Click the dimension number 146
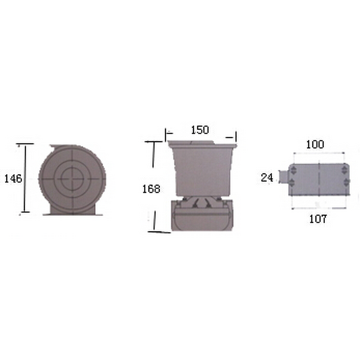coord(13,178)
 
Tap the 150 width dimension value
coord(200,130)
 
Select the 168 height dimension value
coord(151,189)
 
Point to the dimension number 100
coord(315,144)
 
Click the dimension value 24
coord(267,177)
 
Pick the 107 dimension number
coord(318,219)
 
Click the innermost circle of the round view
coord(72,179)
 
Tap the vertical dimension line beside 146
coord(25,178)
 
